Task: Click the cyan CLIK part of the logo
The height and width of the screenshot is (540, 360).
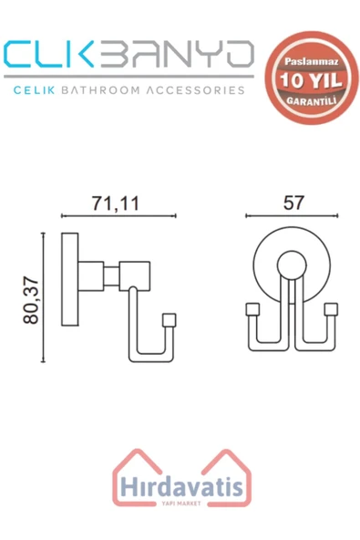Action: pyautogui.click(x=56, y=57)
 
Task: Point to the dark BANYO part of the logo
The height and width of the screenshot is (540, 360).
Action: pyautogui.click(x=179, y=57)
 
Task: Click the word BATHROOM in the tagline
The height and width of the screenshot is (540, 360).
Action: pyautogui.click(x=123, y=91)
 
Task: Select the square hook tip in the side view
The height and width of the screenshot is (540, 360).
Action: pyautogui.click(x=167, y=319)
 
